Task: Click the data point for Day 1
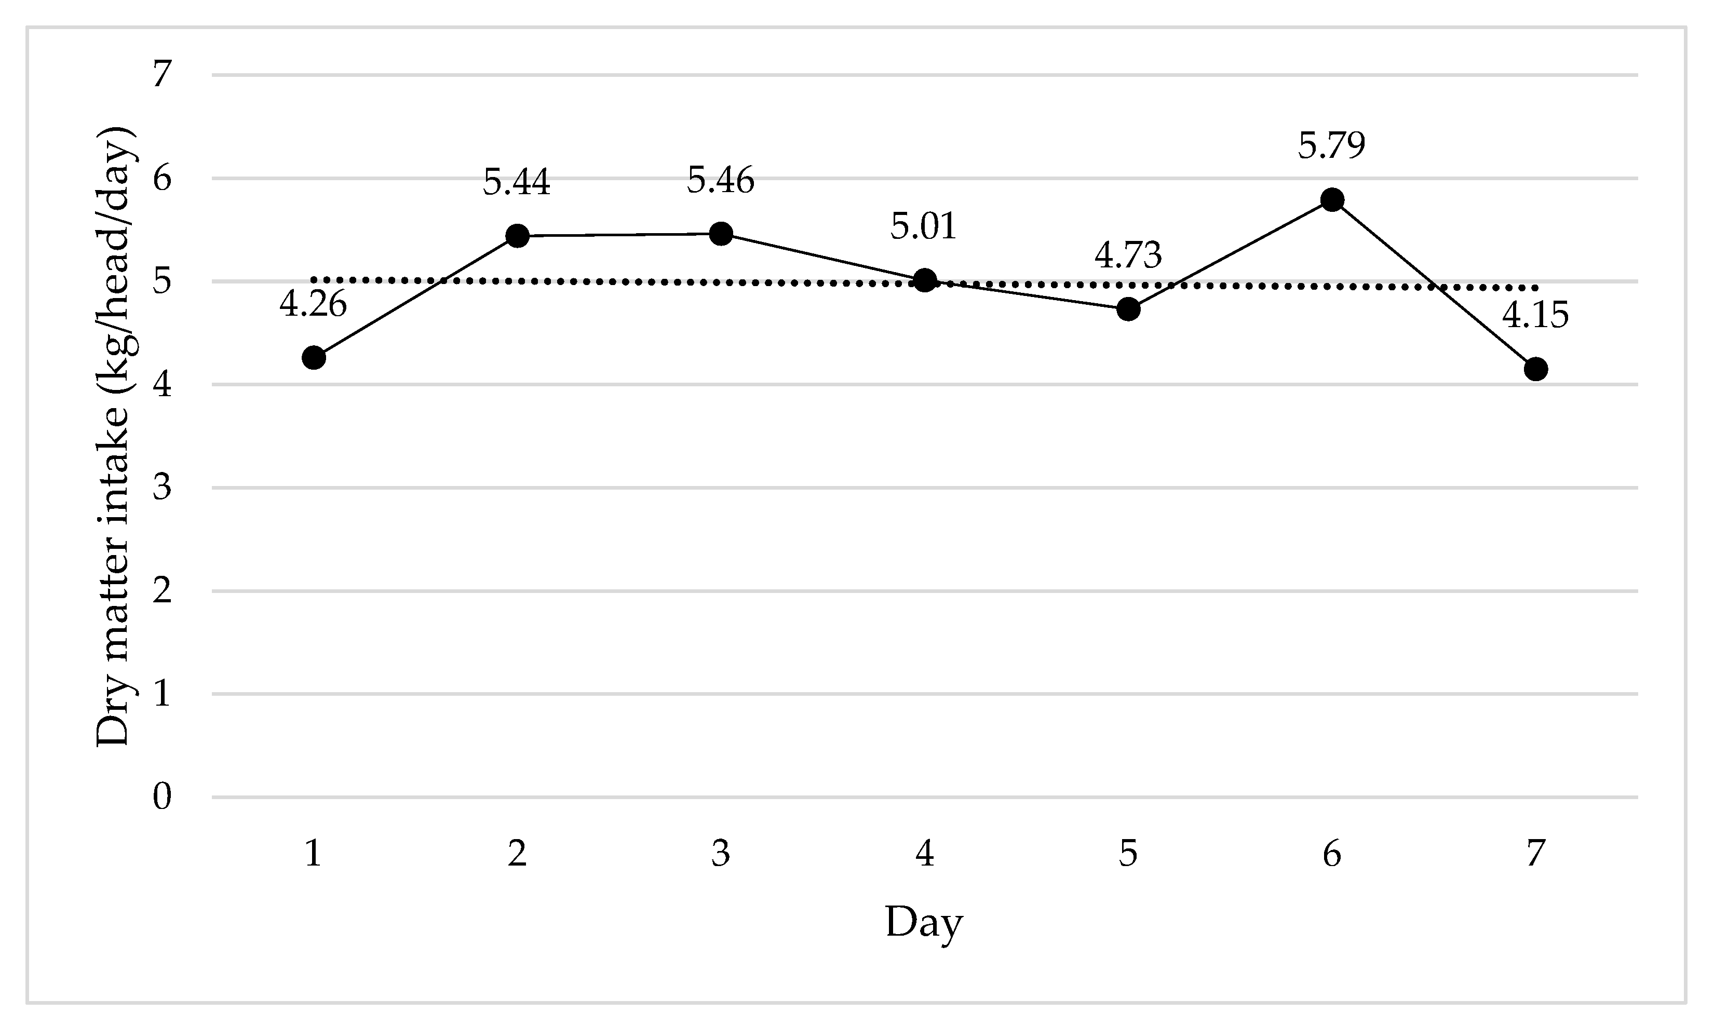coord(314,357)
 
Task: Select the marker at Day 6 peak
coord(1332,200)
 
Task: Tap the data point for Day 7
coord(1535,369)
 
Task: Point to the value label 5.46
coord(721,181)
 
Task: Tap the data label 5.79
coord(1332,146)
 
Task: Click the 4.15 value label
coord(1535,315)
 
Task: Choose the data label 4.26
coord(313,304)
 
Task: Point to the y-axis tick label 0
coord(162,797)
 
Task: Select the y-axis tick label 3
coord(162,488)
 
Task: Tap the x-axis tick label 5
coord(1128,854)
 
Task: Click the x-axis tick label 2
coord(517,854)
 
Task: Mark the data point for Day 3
coord(721,234)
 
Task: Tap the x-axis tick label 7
coord(1535,854)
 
